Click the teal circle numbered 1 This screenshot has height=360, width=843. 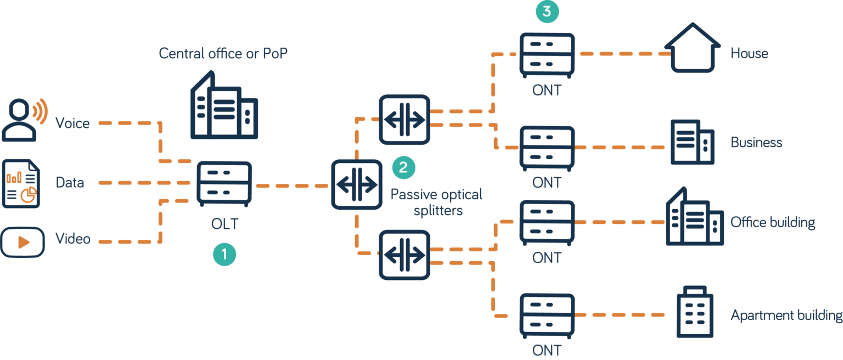[x=224, y=255]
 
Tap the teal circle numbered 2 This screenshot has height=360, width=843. [x=403, y=167]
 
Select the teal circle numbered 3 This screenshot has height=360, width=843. [x=547, y=11]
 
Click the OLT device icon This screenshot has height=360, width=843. [x=224, y=184]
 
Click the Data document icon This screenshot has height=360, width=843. [x=21, y=183]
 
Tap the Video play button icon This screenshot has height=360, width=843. [x=23, y=242]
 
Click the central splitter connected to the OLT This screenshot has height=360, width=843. [x=356, y=184]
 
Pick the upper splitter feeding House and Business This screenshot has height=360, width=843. [x=404, y=120]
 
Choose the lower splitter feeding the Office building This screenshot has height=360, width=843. [x=404, y=255]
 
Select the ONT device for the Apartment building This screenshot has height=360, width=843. [x=547, y=315]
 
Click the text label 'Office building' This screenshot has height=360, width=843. [x=772, y=222]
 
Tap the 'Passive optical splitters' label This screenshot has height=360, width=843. [x=436, y=202]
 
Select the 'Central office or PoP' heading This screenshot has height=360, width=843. [x=223, y=54]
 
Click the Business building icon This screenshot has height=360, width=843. [x=692, y=142]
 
